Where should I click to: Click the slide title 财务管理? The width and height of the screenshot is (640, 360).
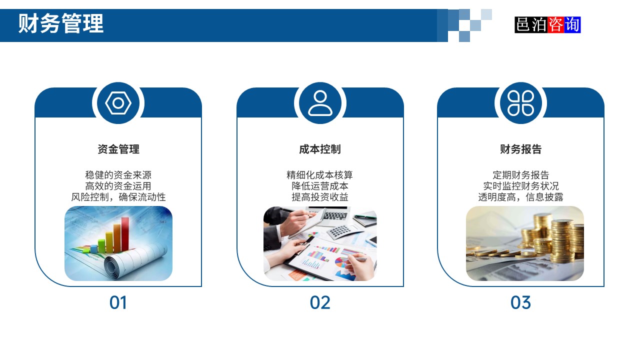61,23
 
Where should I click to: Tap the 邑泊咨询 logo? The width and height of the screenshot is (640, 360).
547,24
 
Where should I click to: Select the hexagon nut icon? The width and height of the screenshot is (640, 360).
118,103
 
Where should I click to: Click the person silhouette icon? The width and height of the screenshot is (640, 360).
320,103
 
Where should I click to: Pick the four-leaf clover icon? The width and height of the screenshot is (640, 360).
520,103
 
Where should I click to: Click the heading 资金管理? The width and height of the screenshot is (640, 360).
118,149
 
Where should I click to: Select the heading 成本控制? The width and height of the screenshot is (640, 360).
320,149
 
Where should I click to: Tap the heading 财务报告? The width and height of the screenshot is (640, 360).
520,149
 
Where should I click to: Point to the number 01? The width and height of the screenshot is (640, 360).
118,302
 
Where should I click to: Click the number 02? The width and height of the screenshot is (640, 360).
320,302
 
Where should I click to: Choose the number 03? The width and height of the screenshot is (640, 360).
520,302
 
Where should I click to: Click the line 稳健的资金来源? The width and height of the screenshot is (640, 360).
118,175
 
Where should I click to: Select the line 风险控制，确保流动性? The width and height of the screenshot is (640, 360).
118,197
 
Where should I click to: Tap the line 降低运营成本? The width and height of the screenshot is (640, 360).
320,186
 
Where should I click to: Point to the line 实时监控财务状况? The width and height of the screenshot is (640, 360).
520,186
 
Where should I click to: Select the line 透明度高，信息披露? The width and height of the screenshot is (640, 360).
520,197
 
